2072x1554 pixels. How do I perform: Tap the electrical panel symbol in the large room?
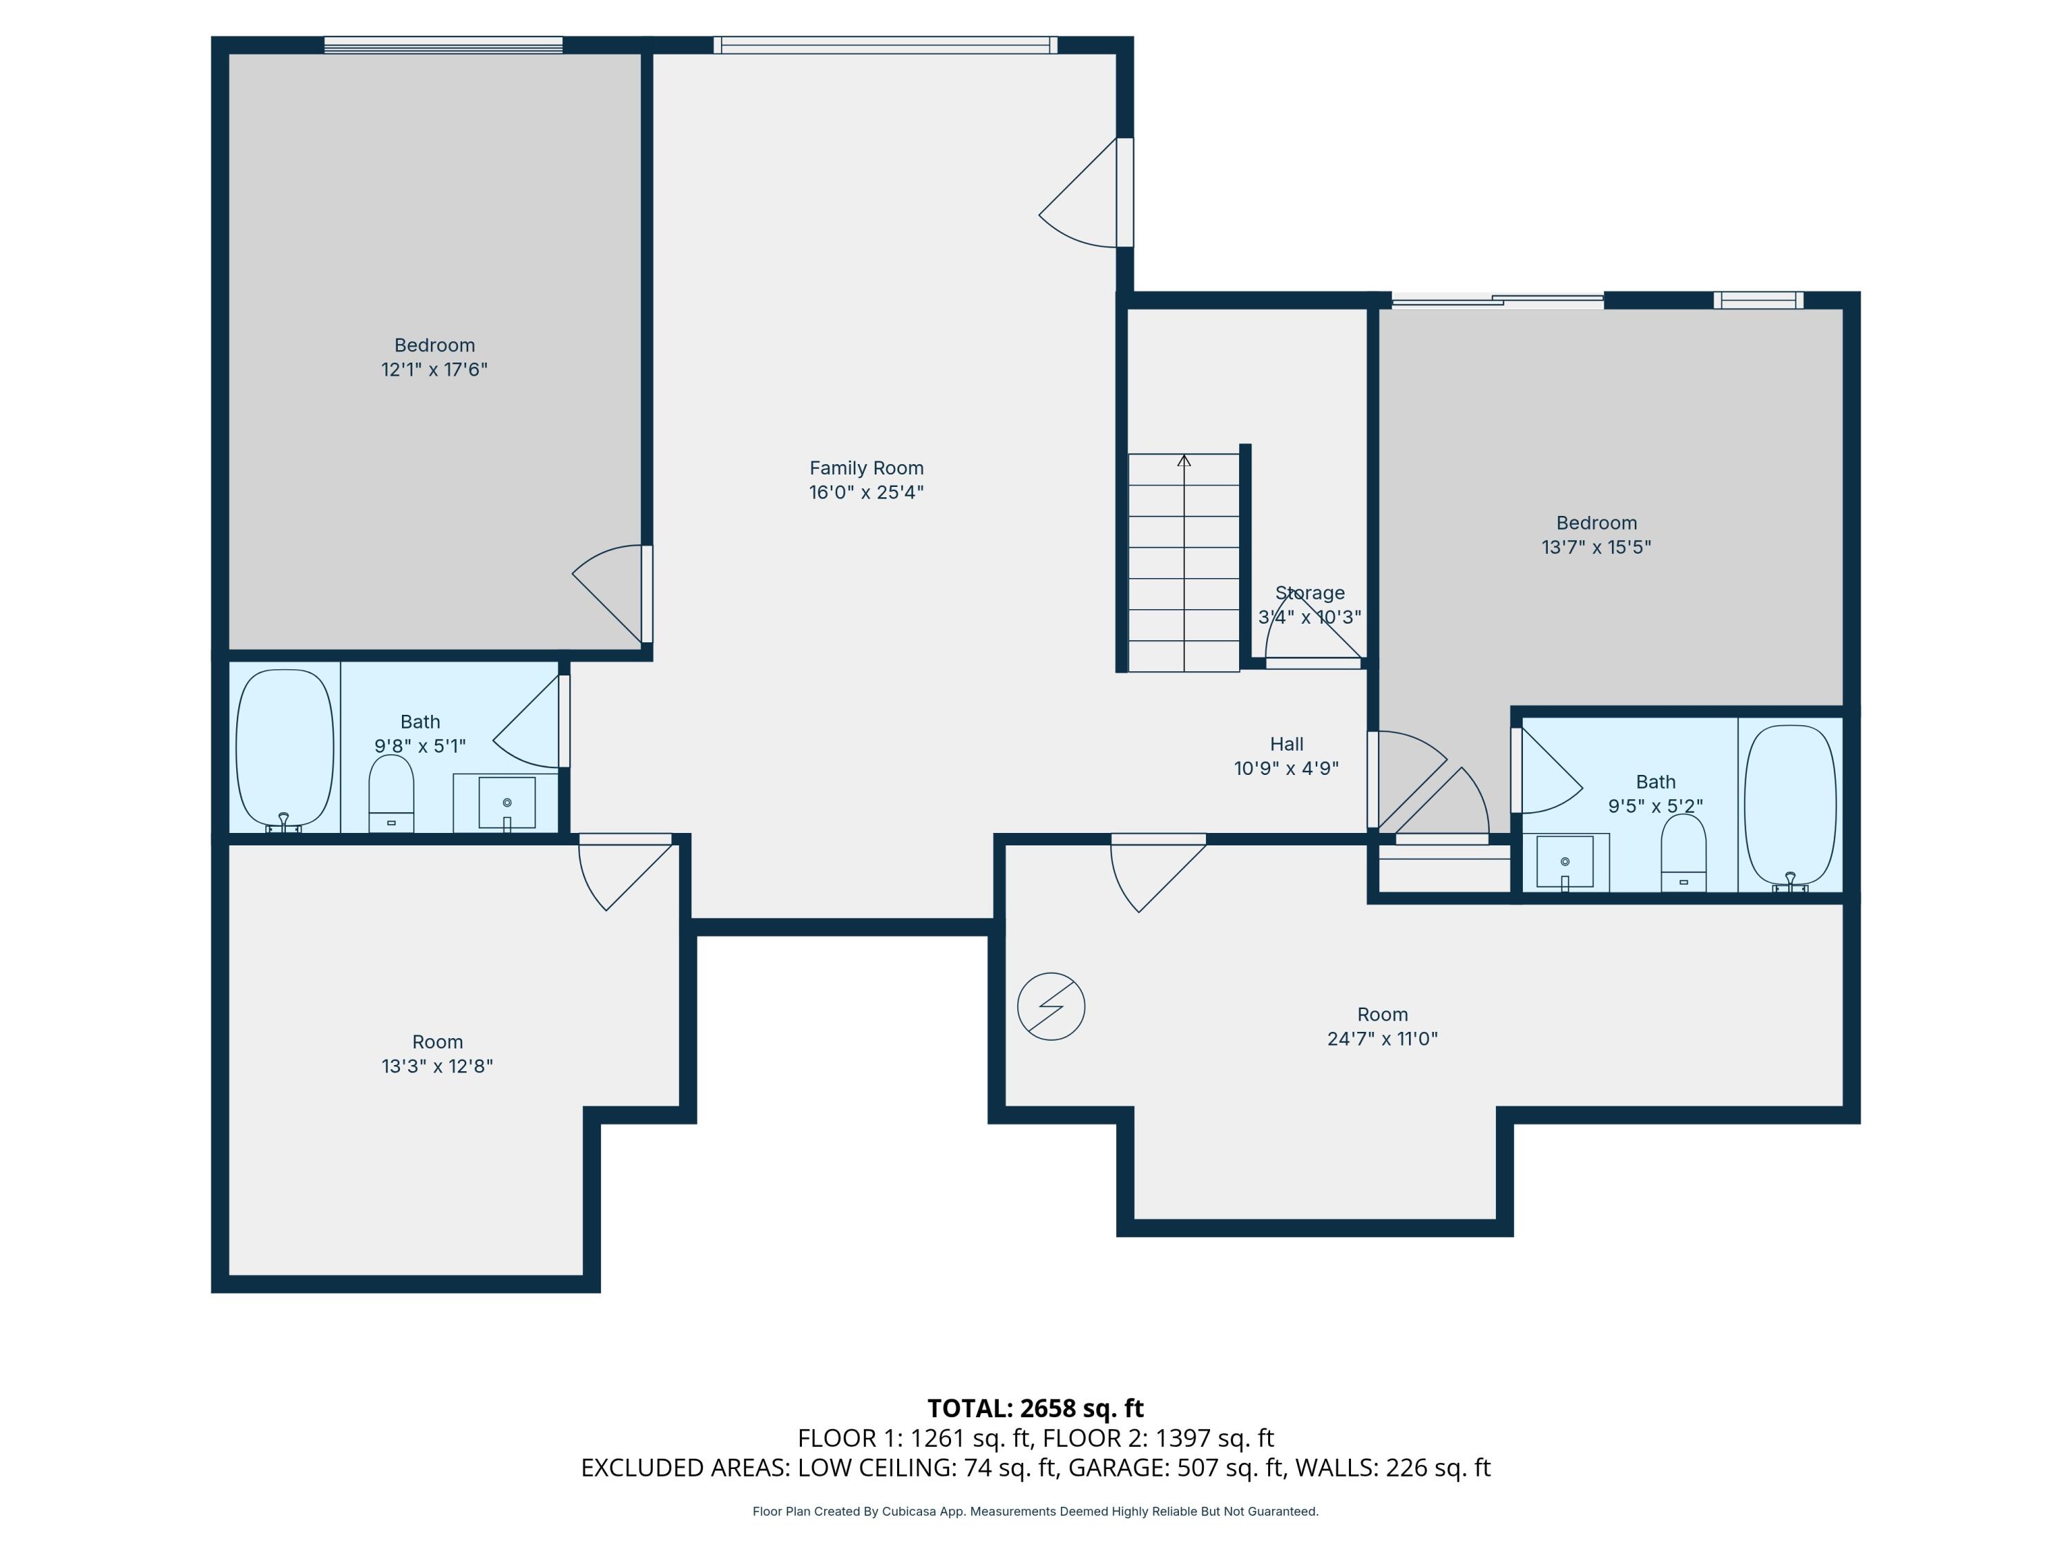[x=1051, y=1006]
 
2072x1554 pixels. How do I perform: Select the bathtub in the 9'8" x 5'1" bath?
[x=285, y=749]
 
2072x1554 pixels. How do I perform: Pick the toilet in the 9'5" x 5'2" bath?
[x=1683, y=852]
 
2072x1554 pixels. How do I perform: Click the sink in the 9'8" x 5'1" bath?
[x=507, y=803]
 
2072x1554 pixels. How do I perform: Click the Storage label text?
[x=1310, y=593]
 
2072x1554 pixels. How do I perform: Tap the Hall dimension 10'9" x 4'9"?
[x=1286, y=768]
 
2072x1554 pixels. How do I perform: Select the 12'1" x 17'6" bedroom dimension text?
[x=434, y=369]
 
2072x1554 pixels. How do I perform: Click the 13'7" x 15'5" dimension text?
[x=1596, y=547]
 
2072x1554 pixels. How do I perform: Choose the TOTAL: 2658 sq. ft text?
[x=1035, y=1408]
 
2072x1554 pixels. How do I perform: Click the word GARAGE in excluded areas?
[x=1118, y=1467]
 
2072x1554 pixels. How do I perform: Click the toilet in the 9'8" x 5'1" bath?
[x=392, y=794]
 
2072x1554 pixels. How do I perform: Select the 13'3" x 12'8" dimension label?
[x=437, y=1065]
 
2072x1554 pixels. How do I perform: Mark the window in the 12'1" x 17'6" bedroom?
[x=443, y=44]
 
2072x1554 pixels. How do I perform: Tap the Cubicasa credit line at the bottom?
[x=1035, y=1511]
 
